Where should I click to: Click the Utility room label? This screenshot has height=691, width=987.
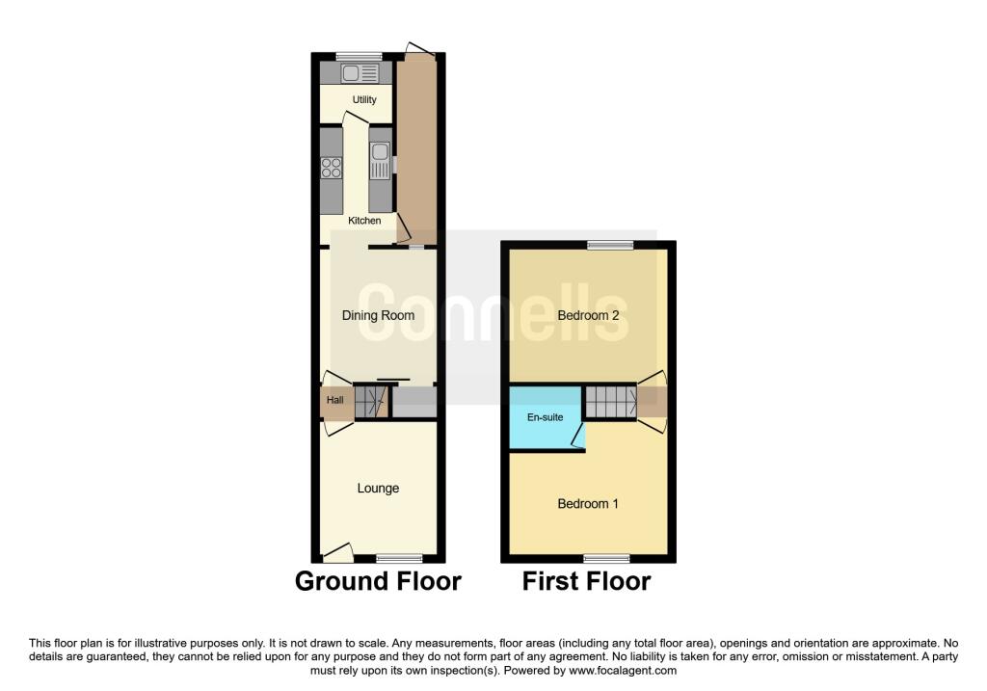point(364,100)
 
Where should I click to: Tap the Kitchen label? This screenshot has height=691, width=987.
point(364,221)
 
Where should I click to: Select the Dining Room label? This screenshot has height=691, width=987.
point(378,315)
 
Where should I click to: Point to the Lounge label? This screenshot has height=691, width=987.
point(378,489)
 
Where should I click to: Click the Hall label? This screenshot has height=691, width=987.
point(334,400)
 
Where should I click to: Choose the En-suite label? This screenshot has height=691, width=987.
point(545,418)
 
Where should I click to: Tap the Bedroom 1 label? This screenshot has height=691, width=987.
point(588,504)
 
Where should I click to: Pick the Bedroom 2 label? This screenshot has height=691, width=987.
point(588,315)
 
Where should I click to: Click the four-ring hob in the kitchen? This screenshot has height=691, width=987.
point(332,168)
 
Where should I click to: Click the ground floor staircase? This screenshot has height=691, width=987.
point(370,402)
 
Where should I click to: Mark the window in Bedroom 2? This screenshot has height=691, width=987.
point(611,244)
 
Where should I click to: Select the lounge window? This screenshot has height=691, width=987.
point(399,558)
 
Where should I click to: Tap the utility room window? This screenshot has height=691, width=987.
point(358,55)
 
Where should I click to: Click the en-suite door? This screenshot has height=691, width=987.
point(578,439)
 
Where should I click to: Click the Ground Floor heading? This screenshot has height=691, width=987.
point(378,582)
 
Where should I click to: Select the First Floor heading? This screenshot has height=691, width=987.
point(586,582)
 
